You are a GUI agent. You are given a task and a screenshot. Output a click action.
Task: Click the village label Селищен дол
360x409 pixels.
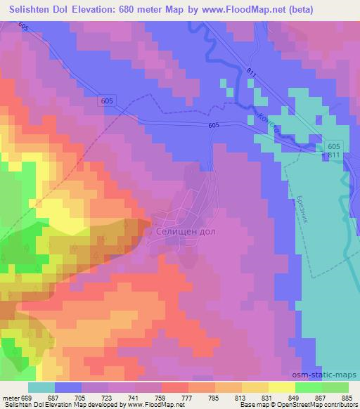pos(181,231)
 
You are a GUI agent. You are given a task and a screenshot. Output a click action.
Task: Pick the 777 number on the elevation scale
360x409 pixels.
pos(186,398)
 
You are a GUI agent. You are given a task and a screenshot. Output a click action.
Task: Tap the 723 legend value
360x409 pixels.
pos(106,398)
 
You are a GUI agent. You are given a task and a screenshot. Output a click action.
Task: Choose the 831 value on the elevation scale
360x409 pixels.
pos(267,398)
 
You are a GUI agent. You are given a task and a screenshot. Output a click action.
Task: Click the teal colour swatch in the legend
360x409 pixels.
pos(42,388)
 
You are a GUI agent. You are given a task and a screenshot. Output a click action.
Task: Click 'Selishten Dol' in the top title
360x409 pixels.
pos(41,9)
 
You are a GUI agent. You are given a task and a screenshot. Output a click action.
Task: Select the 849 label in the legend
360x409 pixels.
pos(294,398)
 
